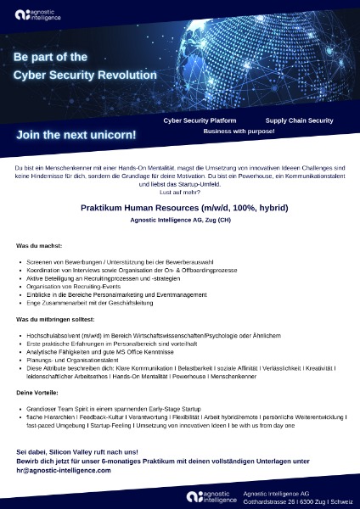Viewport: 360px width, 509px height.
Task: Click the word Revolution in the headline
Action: click(124, 75)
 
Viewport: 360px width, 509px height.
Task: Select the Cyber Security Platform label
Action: click(200, 121)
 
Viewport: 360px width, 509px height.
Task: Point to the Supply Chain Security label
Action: click(299, 121)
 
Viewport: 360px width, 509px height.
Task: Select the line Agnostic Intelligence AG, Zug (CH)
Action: click(179, 221)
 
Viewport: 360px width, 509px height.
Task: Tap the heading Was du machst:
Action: click(40, 245)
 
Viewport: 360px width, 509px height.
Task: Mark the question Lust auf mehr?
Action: click(179, 193)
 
